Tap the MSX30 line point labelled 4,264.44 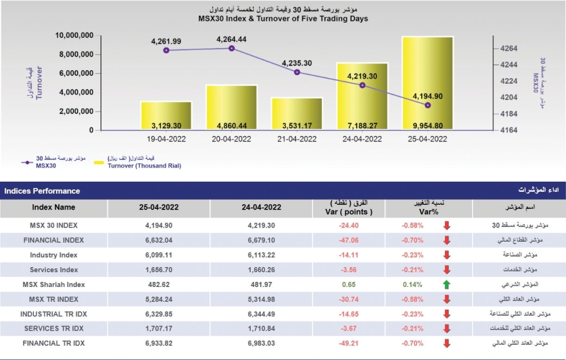click(x=231, y=49)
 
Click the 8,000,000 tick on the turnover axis click(x=75, y=54)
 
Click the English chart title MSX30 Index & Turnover click(x=283, y=19)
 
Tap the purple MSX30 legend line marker click(x=26, y=162)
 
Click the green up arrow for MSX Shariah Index click(x=447, y=285)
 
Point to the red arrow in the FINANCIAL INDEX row click(x=447, y=241)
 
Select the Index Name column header click(x=53, y=207)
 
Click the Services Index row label click(x=54, y=270)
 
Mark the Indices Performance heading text click(x=42, y=191)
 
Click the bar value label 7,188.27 click(x=362, y=125)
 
